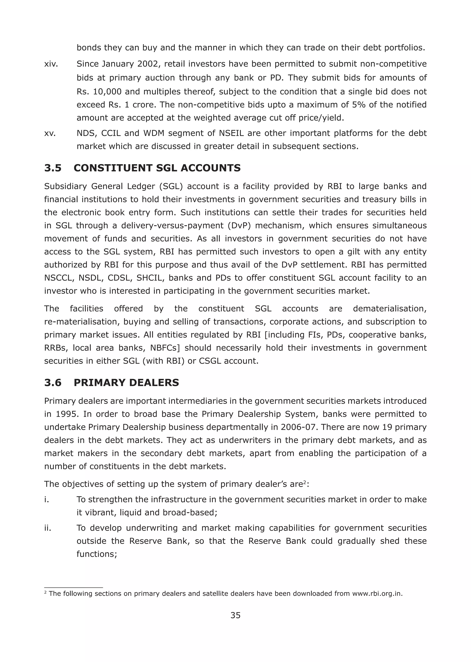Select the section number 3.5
coord(53,168)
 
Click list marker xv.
coord(50,133)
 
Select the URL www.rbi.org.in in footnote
coord(377,594)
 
